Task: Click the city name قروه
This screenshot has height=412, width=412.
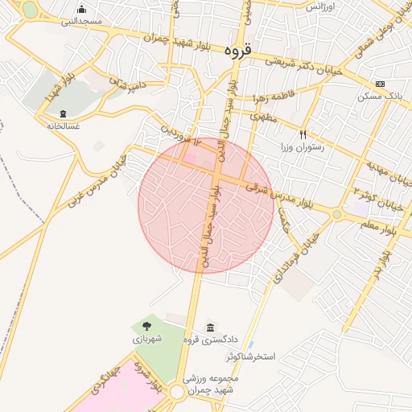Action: (238, 50)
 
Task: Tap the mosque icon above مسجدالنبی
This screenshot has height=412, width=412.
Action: (81, 10)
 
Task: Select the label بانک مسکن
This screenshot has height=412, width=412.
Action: (380, 96)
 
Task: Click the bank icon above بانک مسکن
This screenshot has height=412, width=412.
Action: (380, 84)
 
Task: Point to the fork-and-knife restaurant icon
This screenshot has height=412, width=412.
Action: (303, 134)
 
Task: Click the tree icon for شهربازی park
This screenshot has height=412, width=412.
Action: (147, 326)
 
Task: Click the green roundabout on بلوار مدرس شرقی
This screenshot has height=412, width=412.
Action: (336, 214)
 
